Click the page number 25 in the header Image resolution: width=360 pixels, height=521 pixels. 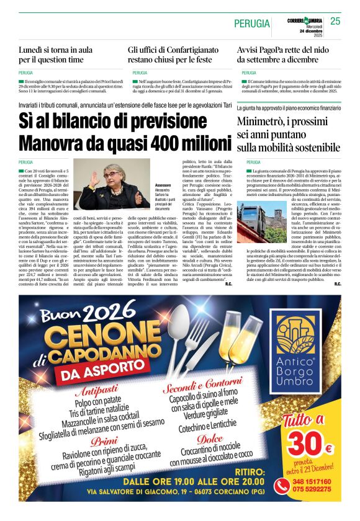tap(335, 21)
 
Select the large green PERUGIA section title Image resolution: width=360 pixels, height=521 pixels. tap(252, 24)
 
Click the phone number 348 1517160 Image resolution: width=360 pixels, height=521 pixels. tap(312, 481)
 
